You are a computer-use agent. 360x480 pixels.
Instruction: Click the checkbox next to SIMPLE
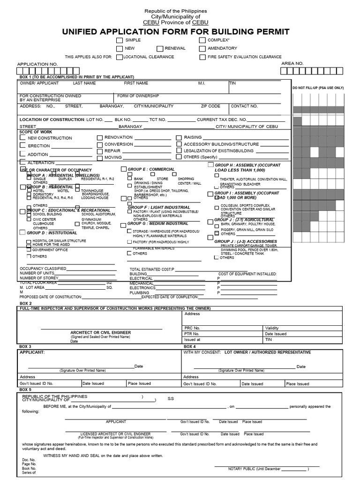point(120,41)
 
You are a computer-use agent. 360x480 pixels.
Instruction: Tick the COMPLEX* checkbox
point(202,41)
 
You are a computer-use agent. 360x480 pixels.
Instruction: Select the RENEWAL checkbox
point(160,49)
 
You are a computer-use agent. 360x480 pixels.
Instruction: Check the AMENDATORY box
point(202,49)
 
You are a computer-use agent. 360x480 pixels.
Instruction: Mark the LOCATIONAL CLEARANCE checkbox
point(120,57)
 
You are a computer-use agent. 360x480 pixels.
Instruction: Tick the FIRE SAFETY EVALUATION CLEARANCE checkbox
point(202,57)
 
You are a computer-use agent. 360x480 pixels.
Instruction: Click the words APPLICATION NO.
point(37,64)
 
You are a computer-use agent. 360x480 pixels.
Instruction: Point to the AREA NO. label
point(292,63)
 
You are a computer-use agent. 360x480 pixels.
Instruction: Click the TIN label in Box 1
point(233,83)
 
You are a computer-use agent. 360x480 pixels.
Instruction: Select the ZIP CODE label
point(210,106)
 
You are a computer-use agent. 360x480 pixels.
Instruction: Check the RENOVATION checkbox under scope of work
point(100,137)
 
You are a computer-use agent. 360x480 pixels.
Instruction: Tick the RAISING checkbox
point(179,137)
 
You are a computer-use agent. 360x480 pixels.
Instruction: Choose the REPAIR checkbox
point(100,151)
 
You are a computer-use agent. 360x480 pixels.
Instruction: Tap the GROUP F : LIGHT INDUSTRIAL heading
point(159,207)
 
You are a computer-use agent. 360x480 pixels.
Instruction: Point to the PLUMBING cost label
point(139,292)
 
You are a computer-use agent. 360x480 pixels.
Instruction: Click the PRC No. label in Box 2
point(192,328)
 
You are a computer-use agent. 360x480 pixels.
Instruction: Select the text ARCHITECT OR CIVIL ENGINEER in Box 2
point(101,332)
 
